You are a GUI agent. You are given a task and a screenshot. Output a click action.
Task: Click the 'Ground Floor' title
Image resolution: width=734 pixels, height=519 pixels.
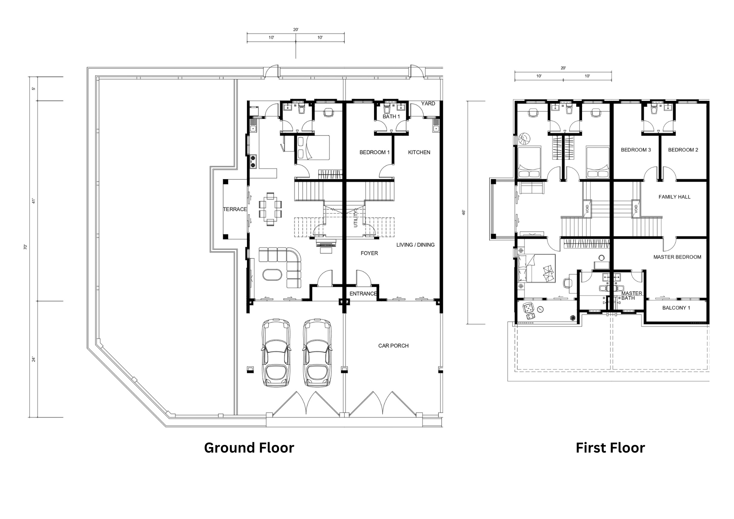249,448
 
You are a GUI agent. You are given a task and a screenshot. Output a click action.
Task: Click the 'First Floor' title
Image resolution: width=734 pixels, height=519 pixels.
610,448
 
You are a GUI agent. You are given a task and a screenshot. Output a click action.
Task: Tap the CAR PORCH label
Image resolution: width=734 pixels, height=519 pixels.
393,346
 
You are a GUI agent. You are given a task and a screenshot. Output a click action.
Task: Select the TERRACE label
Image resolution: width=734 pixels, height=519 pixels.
235,209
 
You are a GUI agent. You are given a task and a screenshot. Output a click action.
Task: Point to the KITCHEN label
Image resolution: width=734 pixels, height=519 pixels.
419,152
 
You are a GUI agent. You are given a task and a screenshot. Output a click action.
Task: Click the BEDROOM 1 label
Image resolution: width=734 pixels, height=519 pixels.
374,152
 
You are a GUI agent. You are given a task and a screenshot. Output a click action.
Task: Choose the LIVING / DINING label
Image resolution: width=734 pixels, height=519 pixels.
415,245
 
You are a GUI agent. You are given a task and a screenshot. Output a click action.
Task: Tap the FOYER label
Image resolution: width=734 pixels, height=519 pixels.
369,253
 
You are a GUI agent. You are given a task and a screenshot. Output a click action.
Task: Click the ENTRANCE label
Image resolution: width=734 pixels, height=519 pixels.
363,294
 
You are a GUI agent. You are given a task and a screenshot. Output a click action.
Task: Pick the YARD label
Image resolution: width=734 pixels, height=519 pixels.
428,104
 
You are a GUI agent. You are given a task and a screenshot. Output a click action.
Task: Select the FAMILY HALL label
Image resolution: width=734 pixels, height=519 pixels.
675,197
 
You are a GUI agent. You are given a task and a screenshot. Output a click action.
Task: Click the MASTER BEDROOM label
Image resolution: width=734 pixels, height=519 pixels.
677,257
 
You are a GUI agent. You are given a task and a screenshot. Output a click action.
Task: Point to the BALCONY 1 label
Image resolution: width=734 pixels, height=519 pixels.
676,308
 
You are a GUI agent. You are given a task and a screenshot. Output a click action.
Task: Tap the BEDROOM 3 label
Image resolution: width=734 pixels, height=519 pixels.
636,150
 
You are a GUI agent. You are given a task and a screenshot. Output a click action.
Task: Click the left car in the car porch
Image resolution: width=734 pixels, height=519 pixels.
276,353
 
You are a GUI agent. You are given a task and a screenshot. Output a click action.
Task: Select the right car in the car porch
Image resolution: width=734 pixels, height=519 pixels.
317,353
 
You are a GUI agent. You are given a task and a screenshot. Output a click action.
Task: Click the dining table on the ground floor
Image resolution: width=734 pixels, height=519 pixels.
270,209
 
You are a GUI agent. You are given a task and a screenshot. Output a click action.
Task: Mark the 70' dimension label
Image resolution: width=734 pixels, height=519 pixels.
26,247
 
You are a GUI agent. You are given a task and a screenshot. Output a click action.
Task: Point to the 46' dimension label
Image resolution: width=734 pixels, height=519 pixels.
464,212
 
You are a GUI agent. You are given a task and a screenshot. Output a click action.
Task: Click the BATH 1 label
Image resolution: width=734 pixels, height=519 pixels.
391,117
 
